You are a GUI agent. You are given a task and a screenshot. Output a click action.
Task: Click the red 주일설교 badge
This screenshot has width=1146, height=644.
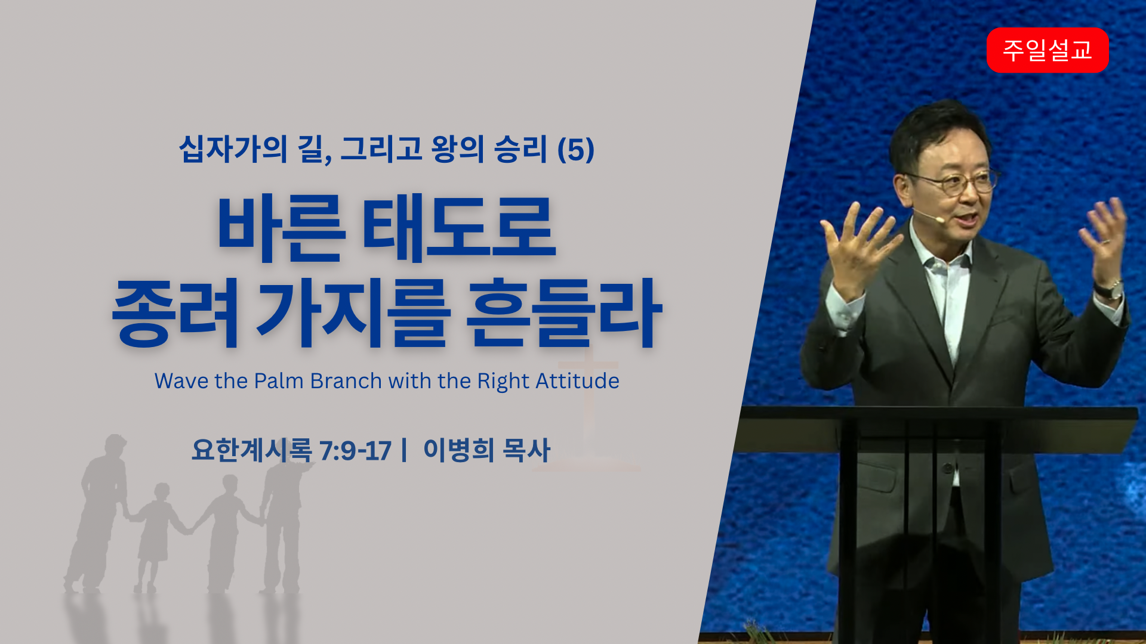pos(1048,50)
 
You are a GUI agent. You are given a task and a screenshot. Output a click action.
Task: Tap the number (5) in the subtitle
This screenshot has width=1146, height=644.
pos(575,149)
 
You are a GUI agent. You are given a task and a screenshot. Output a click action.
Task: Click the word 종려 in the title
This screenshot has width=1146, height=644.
pos(176,312)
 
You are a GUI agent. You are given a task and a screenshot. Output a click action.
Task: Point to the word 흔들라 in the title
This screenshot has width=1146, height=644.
pos(564,312)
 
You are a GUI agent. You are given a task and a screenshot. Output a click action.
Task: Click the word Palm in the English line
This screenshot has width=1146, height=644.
pos(279,380)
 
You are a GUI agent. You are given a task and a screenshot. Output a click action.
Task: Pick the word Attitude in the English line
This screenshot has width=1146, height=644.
pos(577,380)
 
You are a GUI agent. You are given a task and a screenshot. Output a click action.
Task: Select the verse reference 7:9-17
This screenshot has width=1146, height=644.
pos(355,451)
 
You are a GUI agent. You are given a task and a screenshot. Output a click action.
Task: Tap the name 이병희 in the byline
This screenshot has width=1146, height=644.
pos(458,450)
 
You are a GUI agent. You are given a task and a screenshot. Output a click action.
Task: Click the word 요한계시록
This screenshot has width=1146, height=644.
pos(251,450)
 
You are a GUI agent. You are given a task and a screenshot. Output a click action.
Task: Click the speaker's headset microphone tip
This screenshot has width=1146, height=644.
pos(940,220)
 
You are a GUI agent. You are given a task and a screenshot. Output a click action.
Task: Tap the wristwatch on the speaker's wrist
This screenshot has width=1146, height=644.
pos(1109,290)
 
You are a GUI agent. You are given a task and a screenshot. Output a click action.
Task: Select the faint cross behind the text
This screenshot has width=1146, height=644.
pos(588,411)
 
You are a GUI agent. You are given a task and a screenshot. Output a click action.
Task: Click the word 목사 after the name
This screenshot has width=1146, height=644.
pos(526,450)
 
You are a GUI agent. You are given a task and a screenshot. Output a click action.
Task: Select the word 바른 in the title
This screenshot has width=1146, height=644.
pos(281,228)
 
